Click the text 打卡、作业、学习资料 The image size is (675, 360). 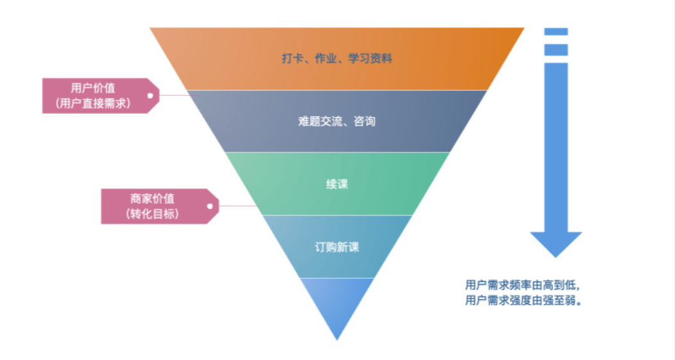[x=337, y=59]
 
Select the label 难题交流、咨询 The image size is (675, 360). [x=337, y=121]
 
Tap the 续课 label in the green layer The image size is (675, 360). [x=337, y=184]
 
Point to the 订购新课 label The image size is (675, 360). [x=337, y=247]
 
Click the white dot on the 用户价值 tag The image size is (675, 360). [x=150, y=96]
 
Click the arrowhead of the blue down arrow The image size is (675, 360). [x=556, y=244]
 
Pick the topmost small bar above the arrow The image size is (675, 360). [x=556, y=31]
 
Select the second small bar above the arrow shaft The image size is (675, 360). [x=556, y=49]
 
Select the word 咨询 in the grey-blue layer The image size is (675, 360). [x=364, y=121]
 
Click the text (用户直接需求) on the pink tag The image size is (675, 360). [x=93, y=103]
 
